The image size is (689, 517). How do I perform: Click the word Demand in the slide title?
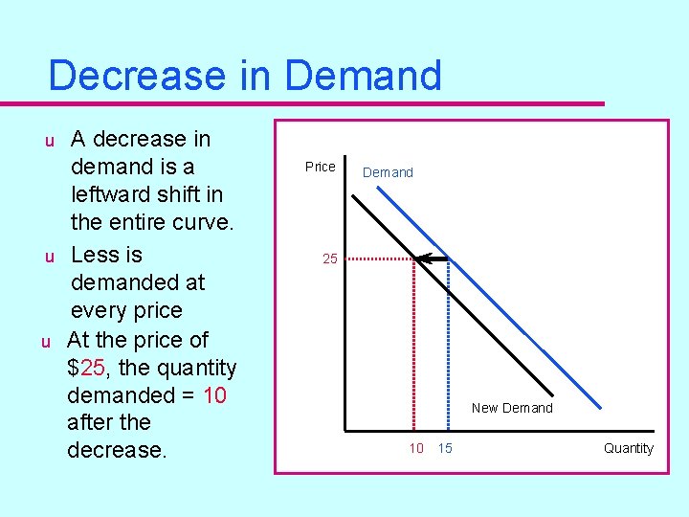point(363,76)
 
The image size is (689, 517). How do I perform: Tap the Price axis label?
point(320,167)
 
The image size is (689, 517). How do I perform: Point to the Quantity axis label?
point(629,448)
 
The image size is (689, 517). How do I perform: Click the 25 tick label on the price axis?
point(329,258)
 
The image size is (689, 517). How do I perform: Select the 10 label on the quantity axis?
point(416,448)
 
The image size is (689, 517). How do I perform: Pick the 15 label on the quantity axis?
point(445,448)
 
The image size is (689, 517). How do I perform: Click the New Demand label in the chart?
point(512,408)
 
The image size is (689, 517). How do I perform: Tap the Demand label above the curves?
point(388,172)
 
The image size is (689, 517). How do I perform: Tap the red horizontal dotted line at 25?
point(378,258)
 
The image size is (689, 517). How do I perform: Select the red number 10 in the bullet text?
point(214,395)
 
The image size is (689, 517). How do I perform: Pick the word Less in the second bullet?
point(93,255)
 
